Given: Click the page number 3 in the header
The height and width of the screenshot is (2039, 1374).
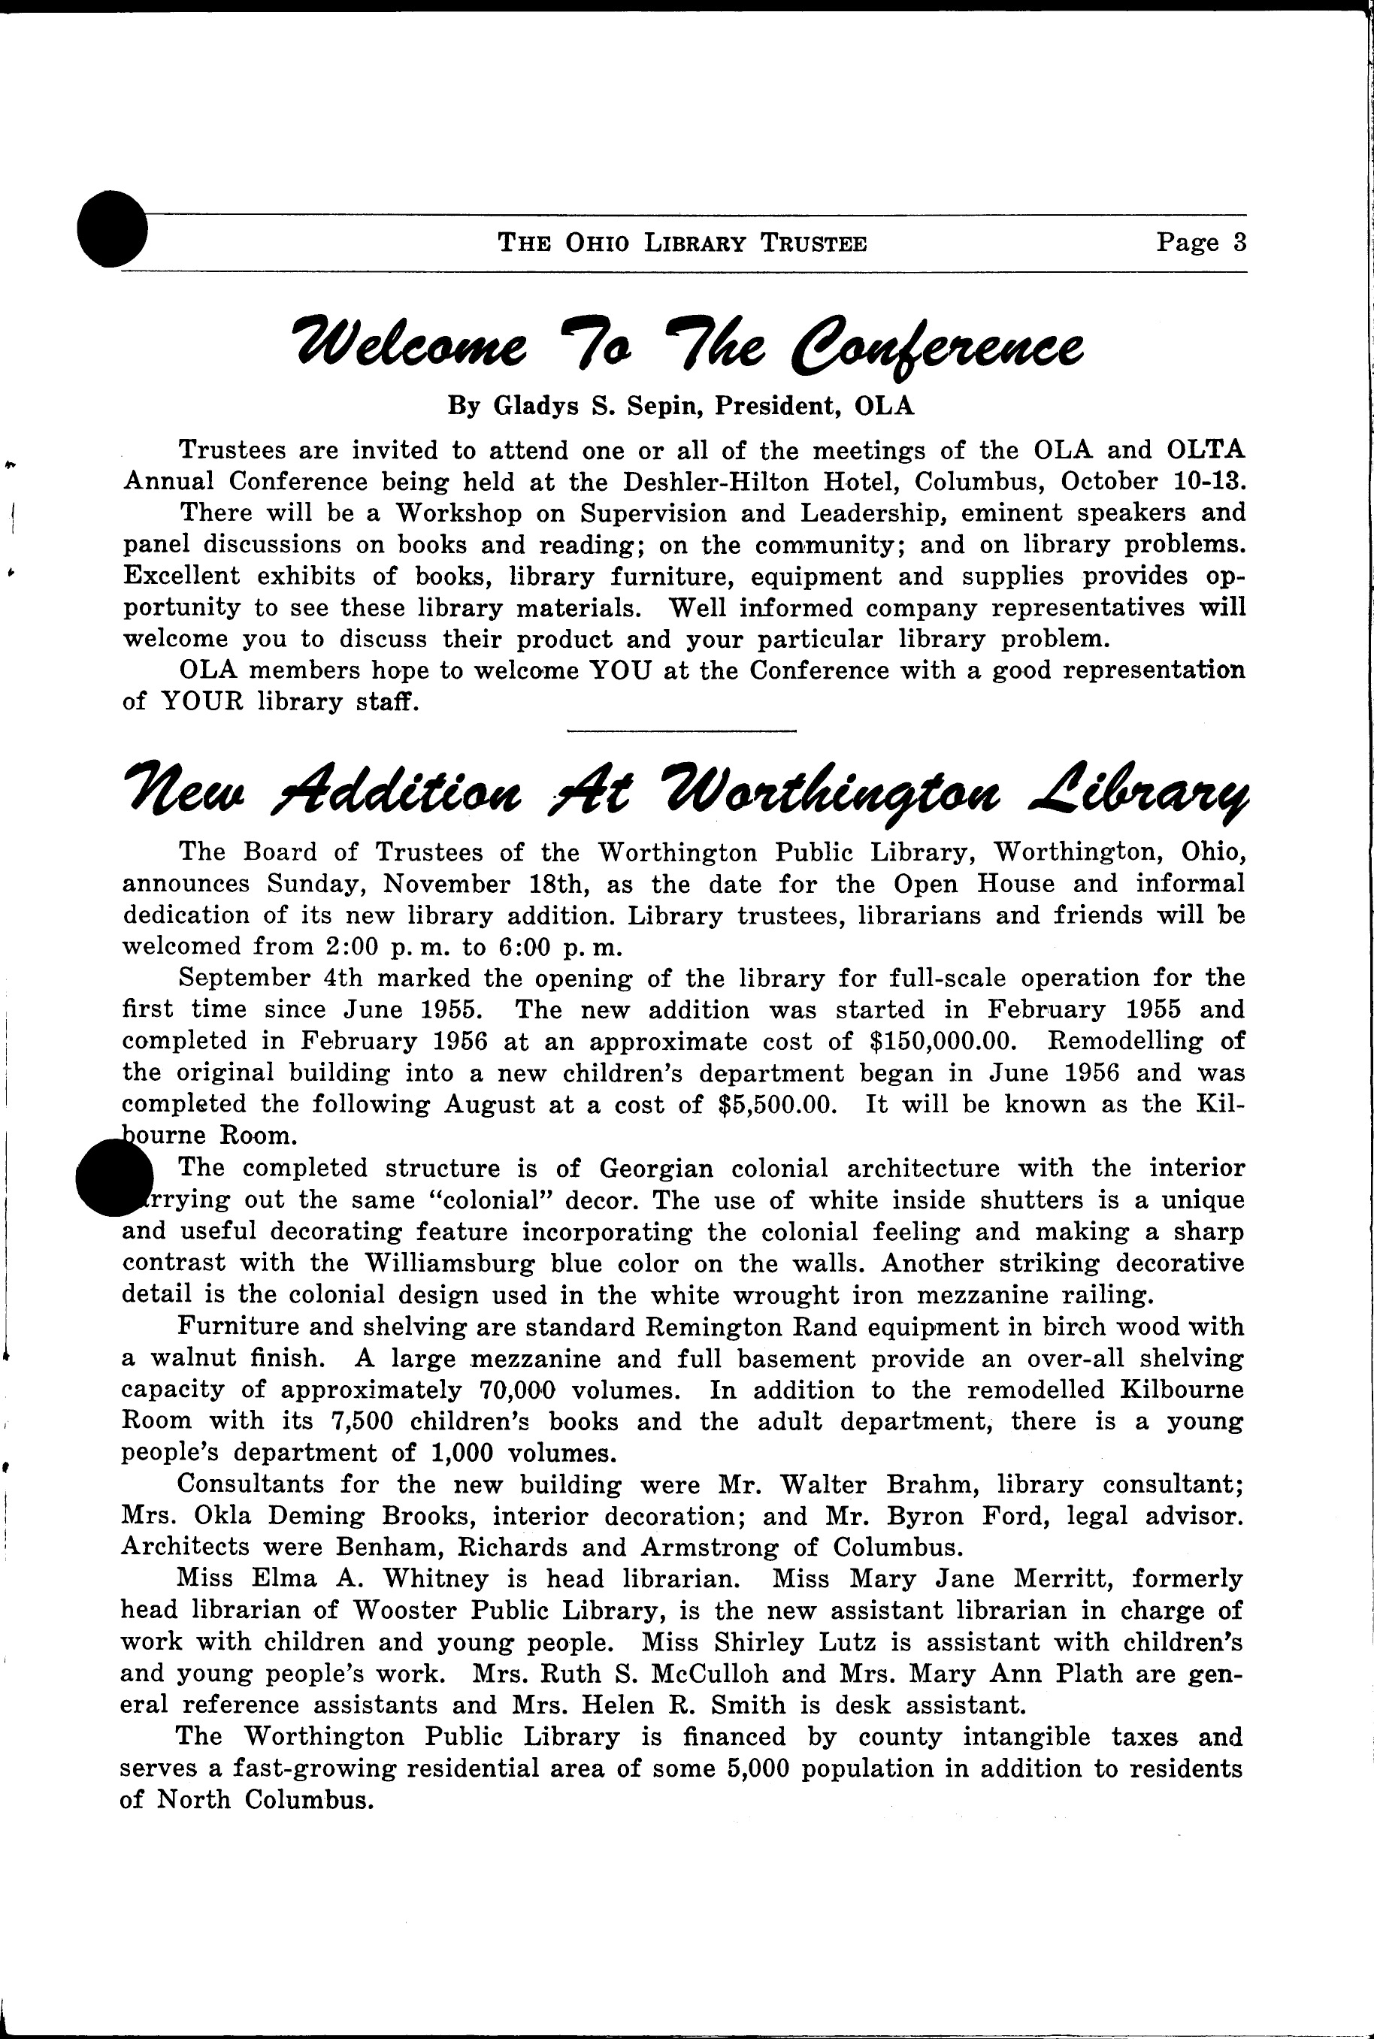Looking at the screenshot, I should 1238,242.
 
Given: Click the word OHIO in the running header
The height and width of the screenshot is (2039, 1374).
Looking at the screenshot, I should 598,243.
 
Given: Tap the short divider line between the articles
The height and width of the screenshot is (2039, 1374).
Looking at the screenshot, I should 682,730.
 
